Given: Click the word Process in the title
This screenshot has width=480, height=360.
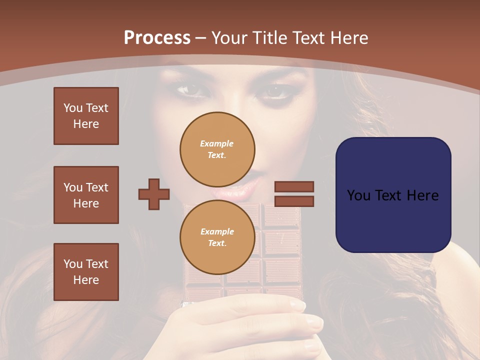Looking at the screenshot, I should coord(157,38).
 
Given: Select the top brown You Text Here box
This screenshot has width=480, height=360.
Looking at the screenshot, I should coord(86,116).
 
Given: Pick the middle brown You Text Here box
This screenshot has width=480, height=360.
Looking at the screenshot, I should coord(86,195).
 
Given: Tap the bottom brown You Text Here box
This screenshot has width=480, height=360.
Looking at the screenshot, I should coord(86,272).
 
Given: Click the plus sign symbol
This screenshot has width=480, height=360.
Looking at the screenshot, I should coord(154,194).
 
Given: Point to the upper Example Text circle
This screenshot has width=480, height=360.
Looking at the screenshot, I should coord(217,149).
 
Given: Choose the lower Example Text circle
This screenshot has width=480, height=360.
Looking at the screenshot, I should coord(217,237).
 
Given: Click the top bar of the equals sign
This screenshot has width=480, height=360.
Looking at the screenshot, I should coord(294,186).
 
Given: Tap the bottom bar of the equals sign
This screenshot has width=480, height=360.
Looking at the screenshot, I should coord(294,201).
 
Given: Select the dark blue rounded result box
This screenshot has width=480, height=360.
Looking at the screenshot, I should coord(393,195).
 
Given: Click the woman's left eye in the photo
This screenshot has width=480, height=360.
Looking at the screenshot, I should coord(188,90).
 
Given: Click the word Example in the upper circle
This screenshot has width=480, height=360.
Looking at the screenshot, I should coord(217,143).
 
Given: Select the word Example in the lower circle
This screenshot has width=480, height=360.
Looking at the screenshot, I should coord(217,231).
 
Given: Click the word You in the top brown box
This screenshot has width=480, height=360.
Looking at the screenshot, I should coord(72,108).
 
